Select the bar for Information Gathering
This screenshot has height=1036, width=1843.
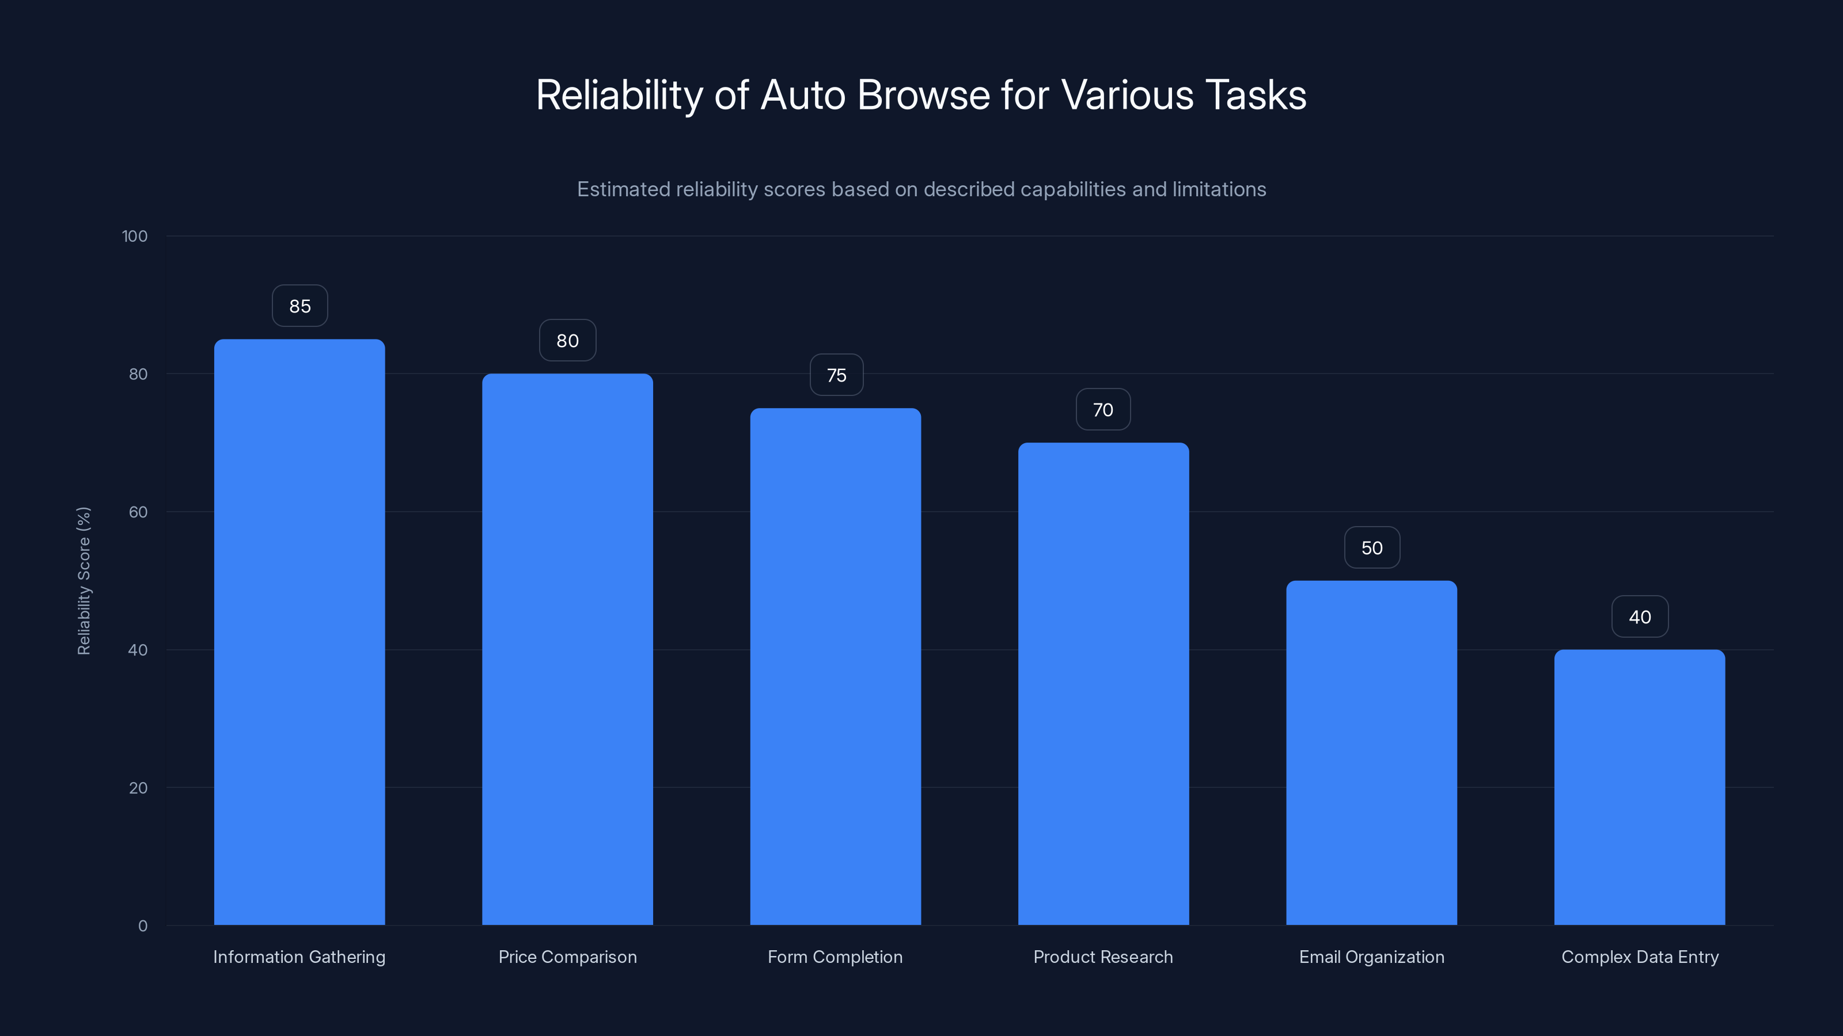tap(299, 632)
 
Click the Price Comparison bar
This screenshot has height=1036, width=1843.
tap(567, 649)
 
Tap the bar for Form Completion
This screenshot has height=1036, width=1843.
tap(835, 666)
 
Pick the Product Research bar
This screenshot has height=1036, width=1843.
tap(1103, 684)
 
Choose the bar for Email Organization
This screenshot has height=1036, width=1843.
tap(1371, 753)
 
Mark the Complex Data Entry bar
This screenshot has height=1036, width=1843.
tap(1639, 787)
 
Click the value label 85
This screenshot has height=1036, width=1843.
tap(299, 306)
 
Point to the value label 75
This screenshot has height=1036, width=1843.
tap(836, 375)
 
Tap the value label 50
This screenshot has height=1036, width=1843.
tap(1371, 548)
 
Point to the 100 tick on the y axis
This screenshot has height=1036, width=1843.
tap(135, 237)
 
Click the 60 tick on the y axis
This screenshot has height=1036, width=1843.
tap(138, 512)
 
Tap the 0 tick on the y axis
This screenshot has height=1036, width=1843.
tap(142, 926)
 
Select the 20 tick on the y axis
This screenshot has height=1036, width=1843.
tap(138, 788)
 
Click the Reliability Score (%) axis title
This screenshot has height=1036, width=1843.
tap(84, 581)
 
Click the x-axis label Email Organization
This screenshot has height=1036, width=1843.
tap(1371, 957)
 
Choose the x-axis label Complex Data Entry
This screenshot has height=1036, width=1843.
tap(1639, 957)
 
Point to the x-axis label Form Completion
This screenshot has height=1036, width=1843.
tap(835, 957)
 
